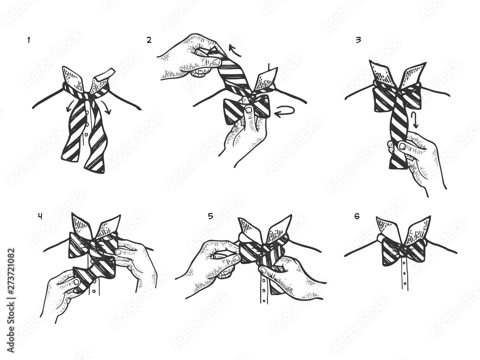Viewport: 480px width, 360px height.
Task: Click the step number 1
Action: point(29,40)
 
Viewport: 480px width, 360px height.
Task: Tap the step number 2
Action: point(149,40)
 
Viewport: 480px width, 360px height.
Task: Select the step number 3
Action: point(358,40)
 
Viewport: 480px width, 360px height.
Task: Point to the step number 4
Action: point(40,216)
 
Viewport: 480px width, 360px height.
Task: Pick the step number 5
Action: point(210,216)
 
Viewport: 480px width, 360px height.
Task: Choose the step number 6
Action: point(357,216)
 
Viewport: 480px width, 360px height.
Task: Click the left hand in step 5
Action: point(211,266)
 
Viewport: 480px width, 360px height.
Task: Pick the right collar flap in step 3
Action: point(413,74)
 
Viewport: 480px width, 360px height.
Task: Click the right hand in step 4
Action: point(137,262)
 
